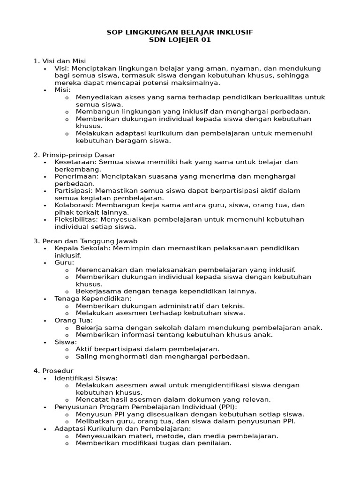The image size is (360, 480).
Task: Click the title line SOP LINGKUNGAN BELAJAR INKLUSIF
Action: pos(180,32)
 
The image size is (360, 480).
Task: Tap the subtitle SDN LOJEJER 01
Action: pos(180,40)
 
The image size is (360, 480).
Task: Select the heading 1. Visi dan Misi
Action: pos(60,61)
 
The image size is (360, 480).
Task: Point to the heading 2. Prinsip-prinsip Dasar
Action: pos(74,155)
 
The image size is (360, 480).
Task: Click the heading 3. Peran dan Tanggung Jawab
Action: pos(79,241)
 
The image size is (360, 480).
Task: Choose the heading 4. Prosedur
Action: pos(53,370)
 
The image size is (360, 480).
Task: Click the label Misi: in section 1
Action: pos(62,90)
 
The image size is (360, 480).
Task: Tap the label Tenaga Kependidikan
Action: pos(92,299)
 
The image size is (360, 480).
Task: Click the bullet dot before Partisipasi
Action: pos(45,191)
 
